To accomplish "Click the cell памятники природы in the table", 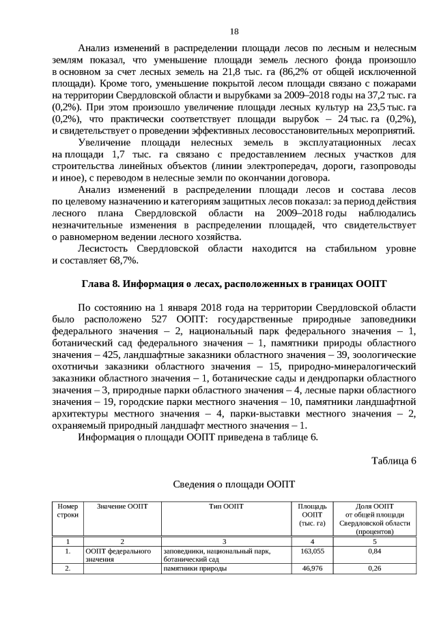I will click(194, 568).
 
